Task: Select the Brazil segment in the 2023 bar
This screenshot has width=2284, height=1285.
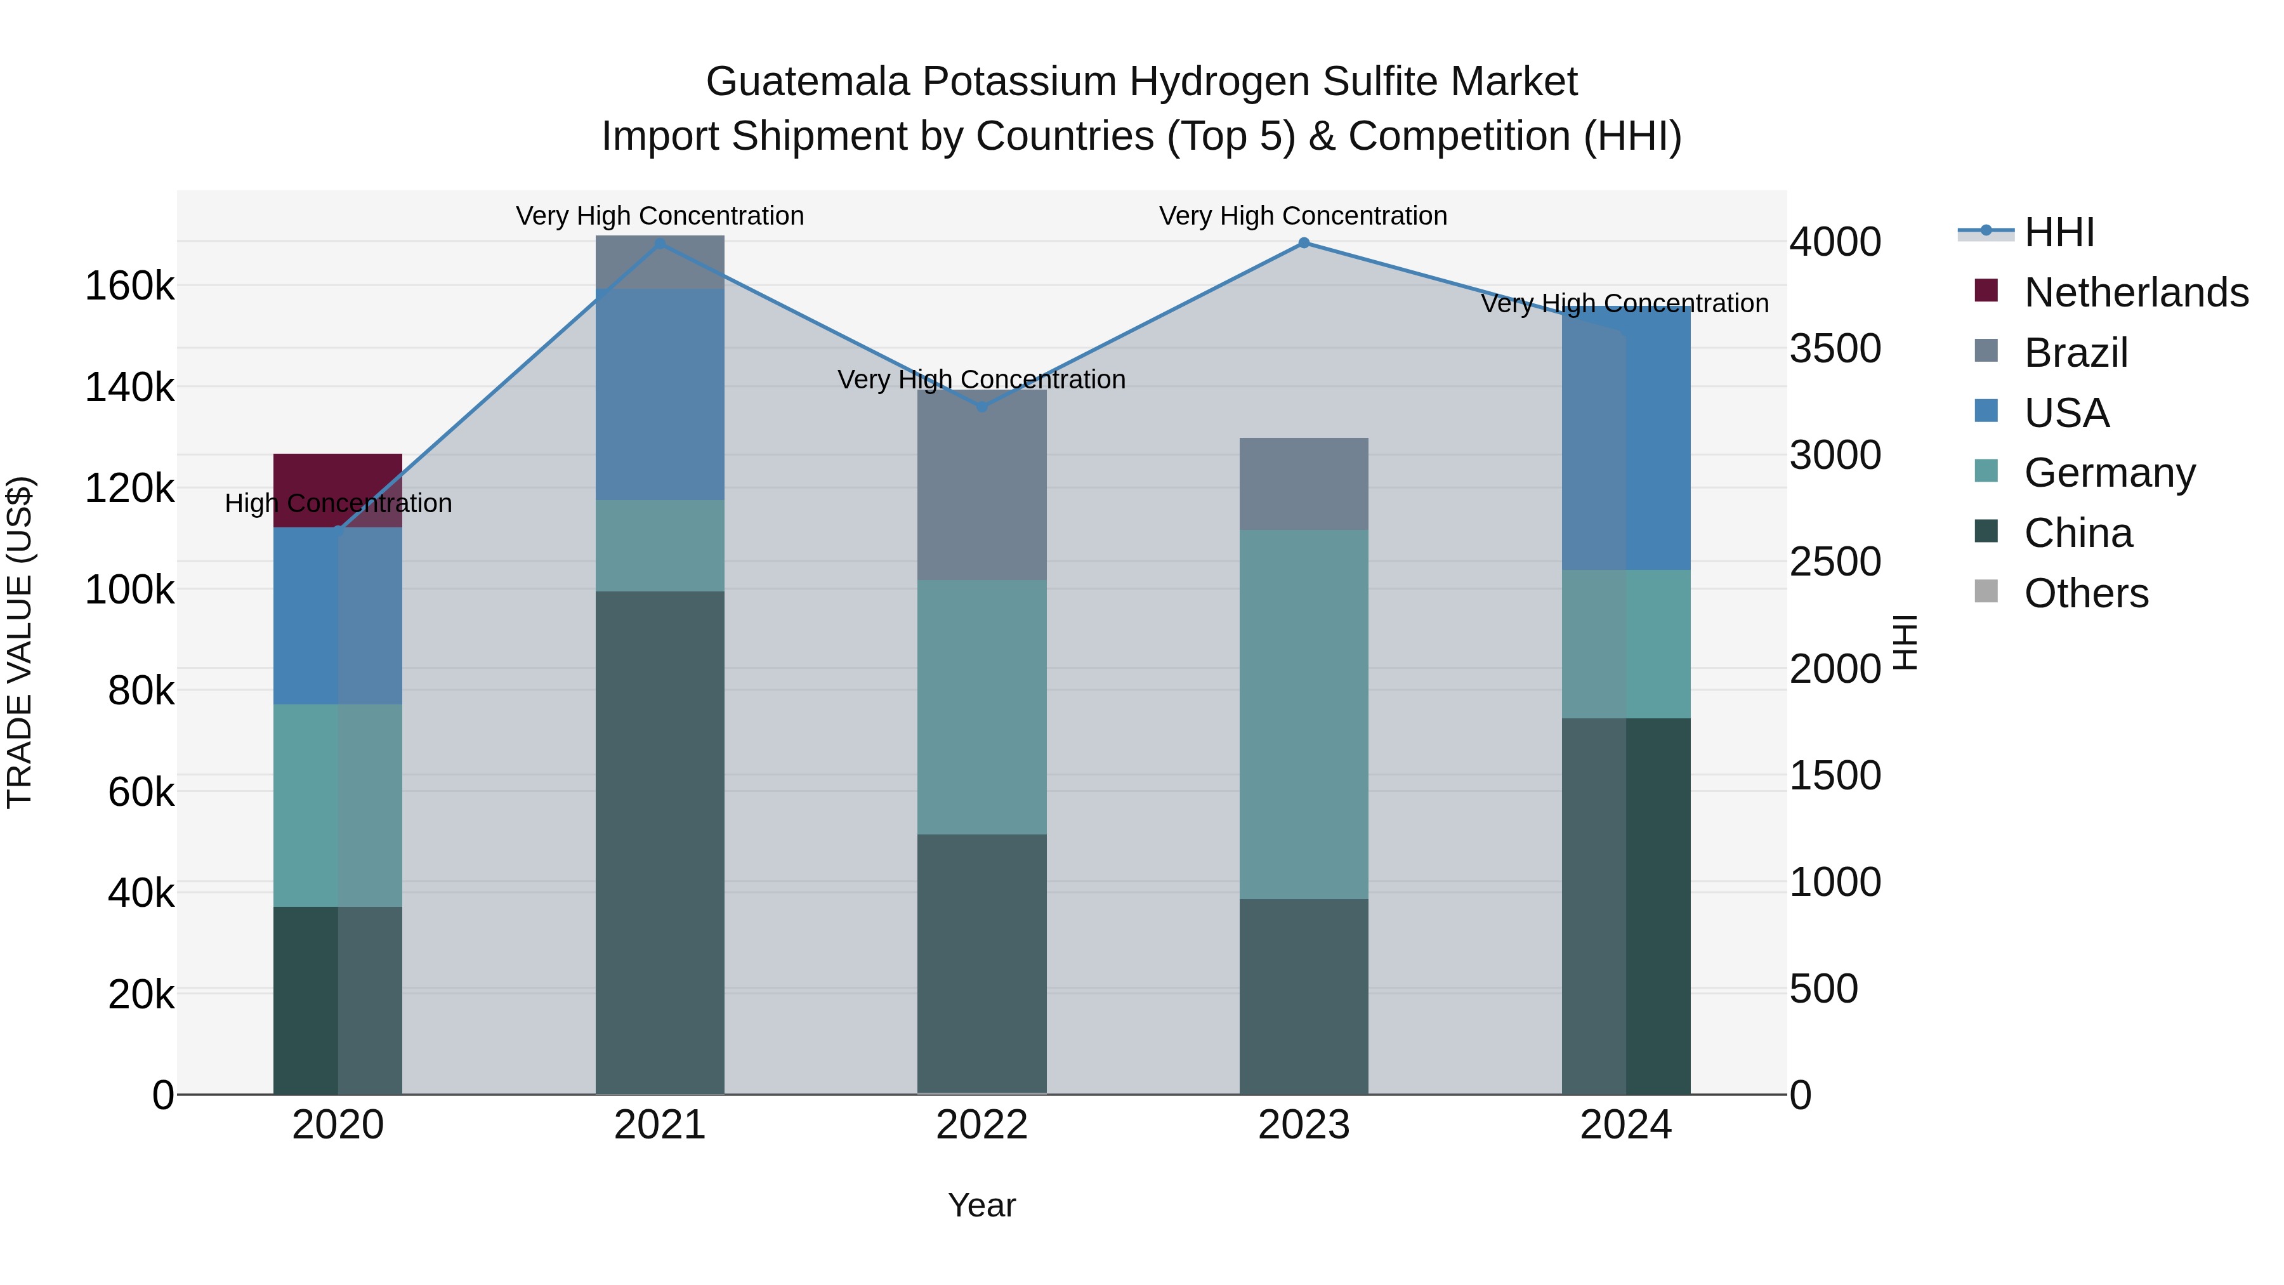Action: (x=1303, y=484)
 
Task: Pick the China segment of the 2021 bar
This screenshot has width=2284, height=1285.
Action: (x=660, y=843)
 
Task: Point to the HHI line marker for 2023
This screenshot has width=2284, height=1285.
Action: (x=1303, y=243)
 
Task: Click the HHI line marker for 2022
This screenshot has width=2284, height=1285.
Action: (x=981, y=407)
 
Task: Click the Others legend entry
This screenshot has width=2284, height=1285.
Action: (x=2085, y=593)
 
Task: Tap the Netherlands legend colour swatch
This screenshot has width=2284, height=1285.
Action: (x=1986, y=291)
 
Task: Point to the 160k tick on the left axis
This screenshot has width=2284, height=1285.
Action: (x=129, y=286)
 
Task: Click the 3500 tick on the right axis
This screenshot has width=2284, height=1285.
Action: (x=1834, y=348)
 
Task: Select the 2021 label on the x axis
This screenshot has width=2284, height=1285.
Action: (x=660, y=1125)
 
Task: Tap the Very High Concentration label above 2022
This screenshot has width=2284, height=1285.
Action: (x=981, y=379)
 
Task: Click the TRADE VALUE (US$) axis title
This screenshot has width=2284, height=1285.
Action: (x=20, y=642)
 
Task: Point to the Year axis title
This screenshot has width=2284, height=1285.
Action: (x=981, y=1205)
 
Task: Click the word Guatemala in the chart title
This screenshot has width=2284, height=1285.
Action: (x=808, y=82)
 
